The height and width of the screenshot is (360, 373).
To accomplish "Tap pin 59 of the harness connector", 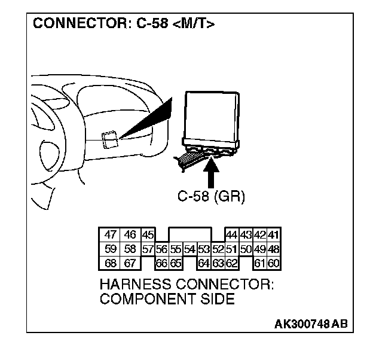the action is point(110,249).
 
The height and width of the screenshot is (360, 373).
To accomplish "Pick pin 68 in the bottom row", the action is point(110,263).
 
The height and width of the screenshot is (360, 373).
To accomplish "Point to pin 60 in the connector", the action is point(274,263).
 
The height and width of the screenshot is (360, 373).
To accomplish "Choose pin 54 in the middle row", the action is point(189,249).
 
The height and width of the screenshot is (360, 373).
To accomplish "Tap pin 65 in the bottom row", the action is point(175,263).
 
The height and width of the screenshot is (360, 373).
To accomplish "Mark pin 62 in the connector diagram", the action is point(232,263).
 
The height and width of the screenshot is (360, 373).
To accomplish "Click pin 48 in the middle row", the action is point(274,249).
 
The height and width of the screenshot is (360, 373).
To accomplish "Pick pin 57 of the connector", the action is point(148,249).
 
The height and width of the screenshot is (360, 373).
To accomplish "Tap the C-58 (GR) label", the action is point(212,197).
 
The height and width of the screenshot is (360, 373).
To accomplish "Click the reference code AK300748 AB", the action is point(310,324).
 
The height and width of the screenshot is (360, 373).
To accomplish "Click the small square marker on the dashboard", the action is point(109,139).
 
